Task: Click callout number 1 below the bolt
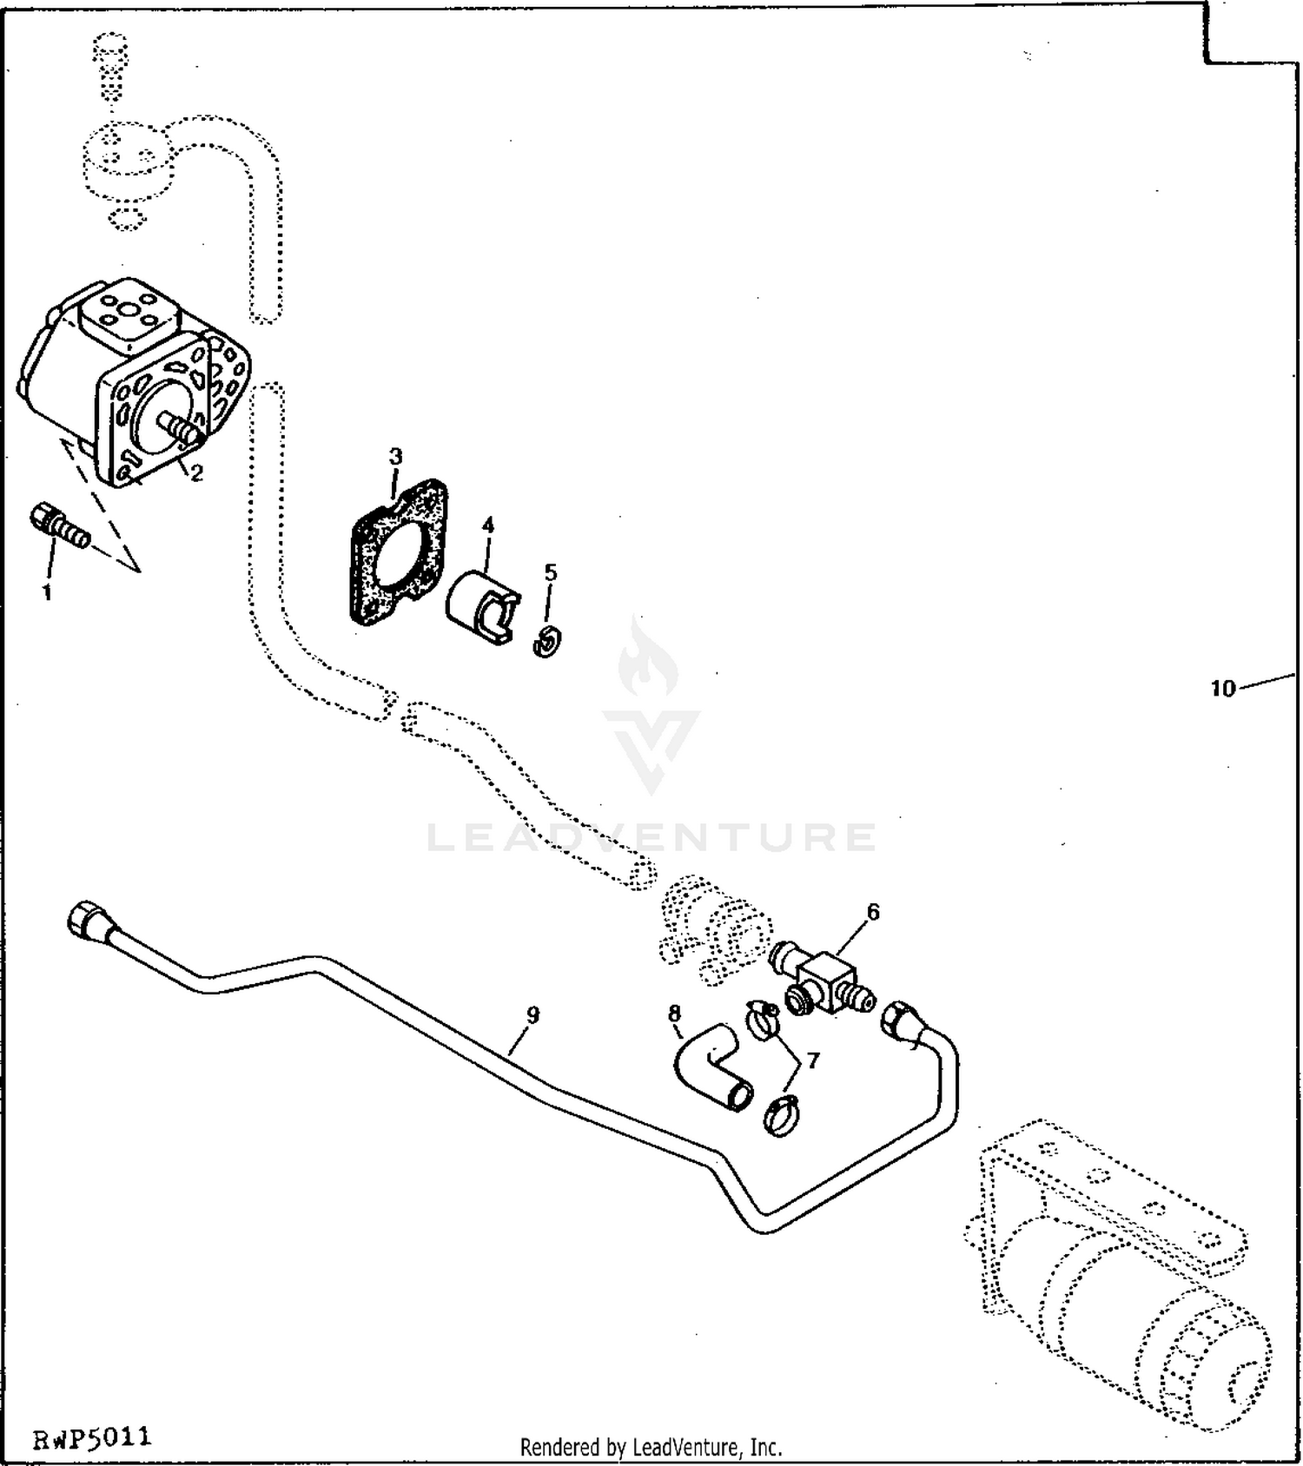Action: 47,593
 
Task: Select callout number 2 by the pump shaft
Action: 197,473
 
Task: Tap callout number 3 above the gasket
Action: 396,457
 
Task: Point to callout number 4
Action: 488,525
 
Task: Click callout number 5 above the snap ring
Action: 550,573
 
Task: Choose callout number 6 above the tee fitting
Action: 873,912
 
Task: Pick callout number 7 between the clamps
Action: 813,1060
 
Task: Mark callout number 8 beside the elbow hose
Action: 674,1013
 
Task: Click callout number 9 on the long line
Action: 533,1014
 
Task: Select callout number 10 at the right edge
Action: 1222,689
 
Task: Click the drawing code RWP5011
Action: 92,1437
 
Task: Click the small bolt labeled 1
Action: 60,526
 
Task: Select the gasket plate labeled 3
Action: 398,551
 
